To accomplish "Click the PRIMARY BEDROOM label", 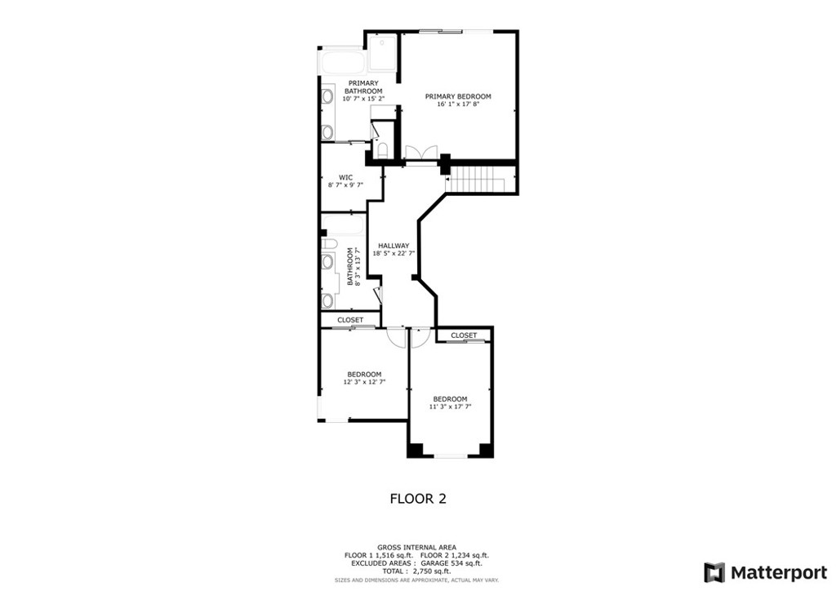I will [x=457, y=96].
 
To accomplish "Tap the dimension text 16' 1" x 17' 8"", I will [x=457, y=104].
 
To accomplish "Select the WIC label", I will [x=345, y=177].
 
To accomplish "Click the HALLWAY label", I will [x=393, y=245].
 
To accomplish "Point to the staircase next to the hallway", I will [x=481, y=179].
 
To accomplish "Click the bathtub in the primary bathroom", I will [x=342, y=62].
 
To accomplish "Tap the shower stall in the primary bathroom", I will [x=381, y=52].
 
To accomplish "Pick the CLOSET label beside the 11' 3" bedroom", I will [x=464, y=335].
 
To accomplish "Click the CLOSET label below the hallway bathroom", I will [x=350, y=320].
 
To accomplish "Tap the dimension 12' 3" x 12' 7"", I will [x=363, y=381].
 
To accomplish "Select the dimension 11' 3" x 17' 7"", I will [x=450, y=407].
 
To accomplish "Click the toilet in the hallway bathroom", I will [x=328, y=243].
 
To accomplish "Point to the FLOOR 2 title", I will [x=417, y=498].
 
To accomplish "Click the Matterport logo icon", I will [x=714, y=571].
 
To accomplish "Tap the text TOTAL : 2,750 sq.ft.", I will [x=417, y=571].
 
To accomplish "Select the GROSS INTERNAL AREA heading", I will [x=417, y=547].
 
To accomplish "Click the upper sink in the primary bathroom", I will [x=327, y=97].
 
